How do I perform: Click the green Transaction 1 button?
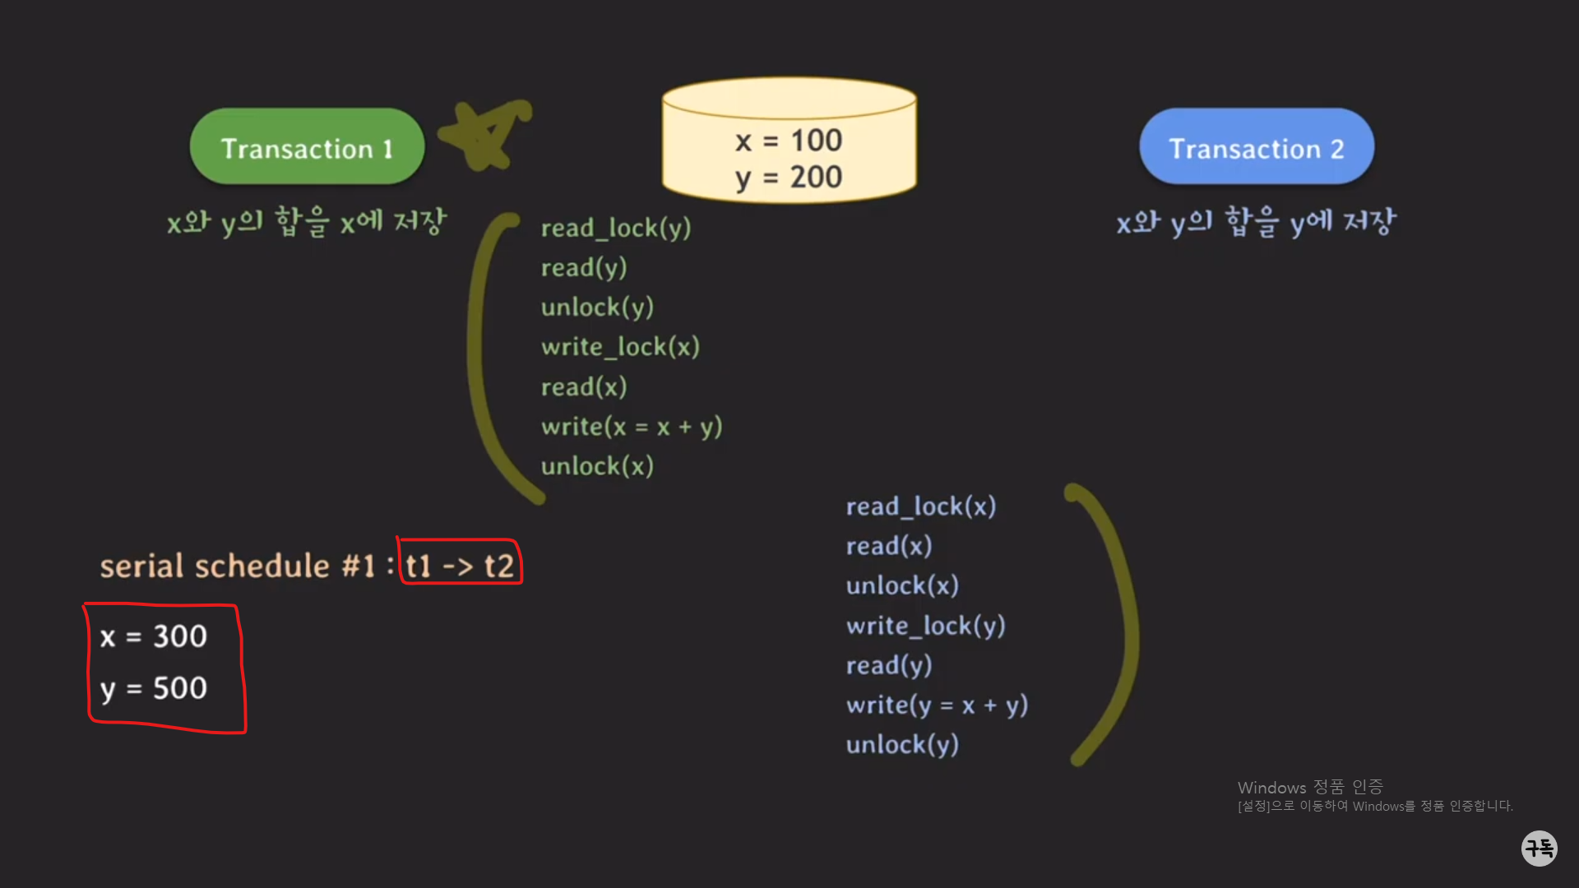tap(307, 147)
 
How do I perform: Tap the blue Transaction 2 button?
tap(1256, 147)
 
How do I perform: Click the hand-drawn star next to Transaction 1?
tap(485, 134)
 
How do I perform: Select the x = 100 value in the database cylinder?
tap(789, 141)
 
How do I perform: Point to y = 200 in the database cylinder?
tap(789, 178)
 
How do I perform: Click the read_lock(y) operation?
tap(616, 228)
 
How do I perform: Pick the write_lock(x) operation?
tap(620, 347)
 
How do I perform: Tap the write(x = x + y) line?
tap(632, 427)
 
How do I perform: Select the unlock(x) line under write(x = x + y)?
tap(597, 466)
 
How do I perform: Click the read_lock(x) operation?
tap(921, 506)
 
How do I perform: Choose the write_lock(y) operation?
tap(926, 626)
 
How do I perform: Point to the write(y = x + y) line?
tap(937, 705)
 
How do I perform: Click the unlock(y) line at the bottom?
tap(902, 745)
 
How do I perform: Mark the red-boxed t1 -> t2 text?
tap(460, 566)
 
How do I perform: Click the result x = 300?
tap(154, 636)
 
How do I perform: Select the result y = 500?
tap(154, 688)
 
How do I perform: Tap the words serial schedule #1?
tap(238, 566)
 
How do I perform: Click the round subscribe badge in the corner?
tap(1539, 848)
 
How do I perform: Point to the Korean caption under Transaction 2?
tap(1256, 222)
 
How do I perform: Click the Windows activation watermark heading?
tap(1310, 787)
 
